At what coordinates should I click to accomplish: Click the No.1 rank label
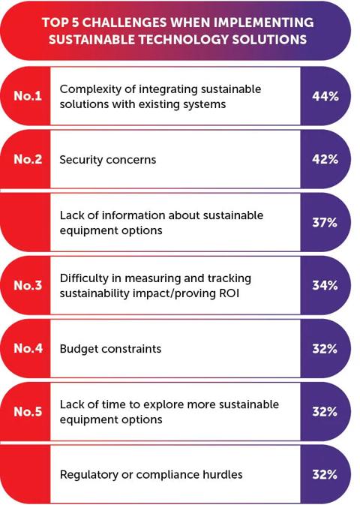point(26,96)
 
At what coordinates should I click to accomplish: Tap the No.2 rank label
point(26,159)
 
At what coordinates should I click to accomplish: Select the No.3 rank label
point(26,285)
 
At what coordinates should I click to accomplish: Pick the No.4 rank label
point(26,348)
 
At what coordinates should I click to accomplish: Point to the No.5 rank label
point(26,411)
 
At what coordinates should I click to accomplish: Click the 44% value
point(325,96)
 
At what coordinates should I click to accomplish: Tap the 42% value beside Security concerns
point(325,159)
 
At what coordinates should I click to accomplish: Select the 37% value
point(325,222)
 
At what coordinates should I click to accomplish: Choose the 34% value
point(325,285)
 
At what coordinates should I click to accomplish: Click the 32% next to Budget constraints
point(325,348)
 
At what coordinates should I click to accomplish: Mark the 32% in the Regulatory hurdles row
point(325,474)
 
